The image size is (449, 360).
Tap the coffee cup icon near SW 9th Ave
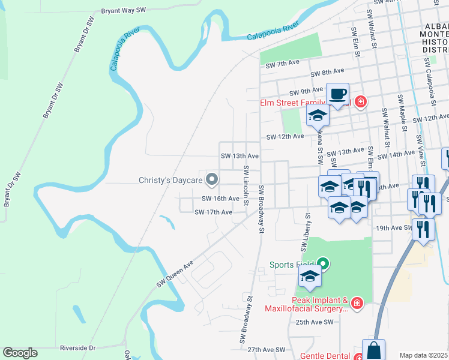[337, 94]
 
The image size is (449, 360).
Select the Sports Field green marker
[324, 263]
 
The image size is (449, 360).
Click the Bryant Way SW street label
[124, 11]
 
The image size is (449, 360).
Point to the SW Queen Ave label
[175, 274]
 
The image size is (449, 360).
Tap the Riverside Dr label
[77, 348]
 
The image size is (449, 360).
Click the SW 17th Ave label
[213, 212]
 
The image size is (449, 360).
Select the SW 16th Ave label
[220, 199]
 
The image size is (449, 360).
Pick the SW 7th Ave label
[282, 63]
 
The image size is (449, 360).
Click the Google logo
[20, 353]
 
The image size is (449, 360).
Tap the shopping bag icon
[373, 350]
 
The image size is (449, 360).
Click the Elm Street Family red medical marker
[360, 101]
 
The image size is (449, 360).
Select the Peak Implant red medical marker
[357, 304]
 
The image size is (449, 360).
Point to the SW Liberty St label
[304, 232]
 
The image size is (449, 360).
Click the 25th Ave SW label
[315, 322]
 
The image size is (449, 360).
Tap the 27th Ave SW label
[266, 349]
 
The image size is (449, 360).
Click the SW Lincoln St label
[246, 186]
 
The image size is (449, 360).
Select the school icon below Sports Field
[310, 277]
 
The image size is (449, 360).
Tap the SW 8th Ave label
[327, 73]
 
